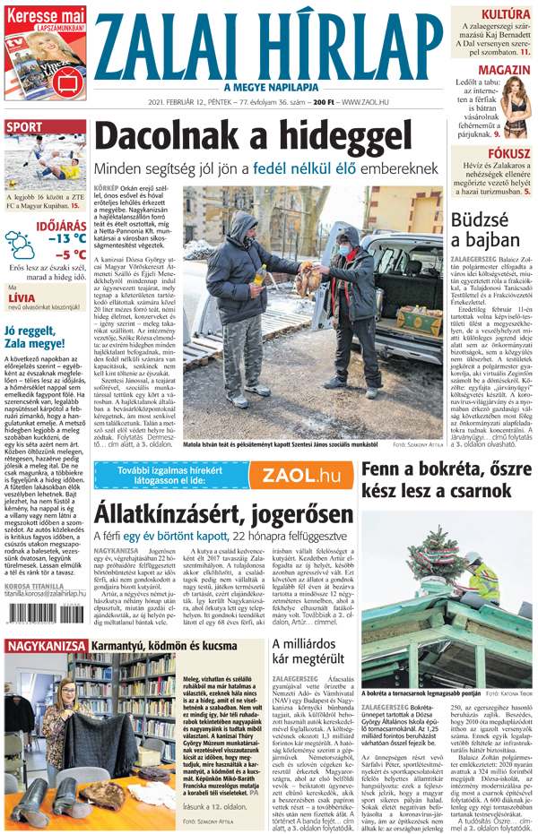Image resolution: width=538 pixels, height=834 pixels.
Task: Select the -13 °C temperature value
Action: point(66,238)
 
